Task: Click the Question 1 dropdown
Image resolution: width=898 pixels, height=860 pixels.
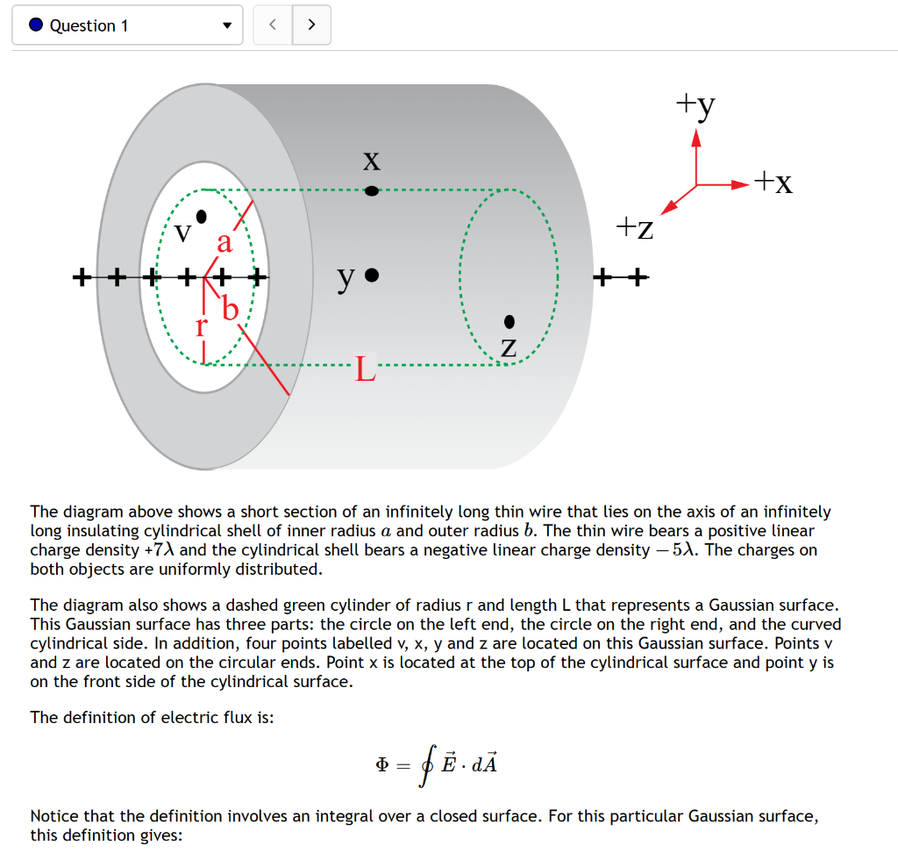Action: tap(127, 25)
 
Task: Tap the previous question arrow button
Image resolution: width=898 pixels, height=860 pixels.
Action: tap(272, 25)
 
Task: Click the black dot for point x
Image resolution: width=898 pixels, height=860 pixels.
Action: tap(372, 190)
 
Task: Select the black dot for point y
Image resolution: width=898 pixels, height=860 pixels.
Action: tap(372, 276)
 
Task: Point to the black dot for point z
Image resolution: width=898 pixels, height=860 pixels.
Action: tap(510, 322)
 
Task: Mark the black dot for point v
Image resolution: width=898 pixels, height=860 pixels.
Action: tap(202, 215)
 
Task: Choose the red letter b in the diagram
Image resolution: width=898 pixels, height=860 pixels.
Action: tap(230, 308)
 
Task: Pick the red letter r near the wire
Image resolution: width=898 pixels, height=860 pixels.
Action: tap(201, 328)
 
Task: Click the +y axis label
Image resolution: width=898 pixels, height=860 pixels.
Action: tap(695, 105)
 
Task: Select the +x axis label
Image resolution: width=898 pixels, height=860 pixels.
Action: tap(774, 183)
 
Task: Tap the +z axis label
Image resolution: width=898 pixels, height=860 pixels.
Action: tap(634, 228)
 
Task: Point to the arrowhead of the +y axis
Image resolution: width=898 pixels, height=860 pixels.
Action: tap(696, 138)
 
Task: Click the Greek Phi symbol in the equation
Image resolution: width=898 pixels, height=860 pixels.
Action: tap(381, 764)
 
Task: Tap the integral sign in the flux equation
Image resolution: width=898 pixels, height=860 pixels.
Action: tap(427, 765)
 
